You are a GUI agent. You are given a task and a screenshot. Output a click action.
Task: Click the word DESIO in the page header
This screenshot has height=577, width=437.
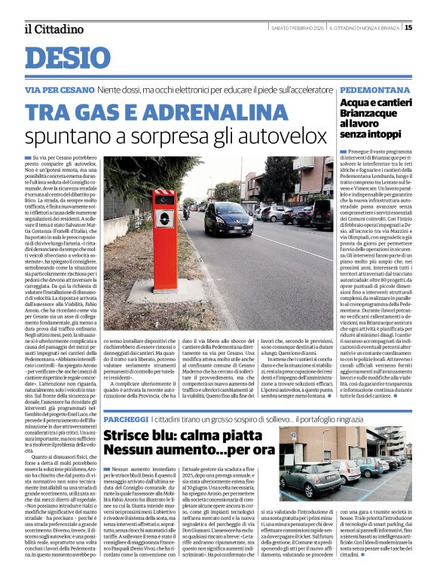coord(63,57)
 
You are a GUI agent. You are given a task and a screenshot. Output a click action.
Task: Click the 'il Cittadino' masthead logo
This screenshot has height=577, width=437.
coord(53,29)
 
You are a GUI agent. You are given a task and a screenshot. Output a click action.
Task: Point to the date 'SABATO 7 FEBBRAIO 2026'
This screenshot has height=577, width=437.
coord(301,28)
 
